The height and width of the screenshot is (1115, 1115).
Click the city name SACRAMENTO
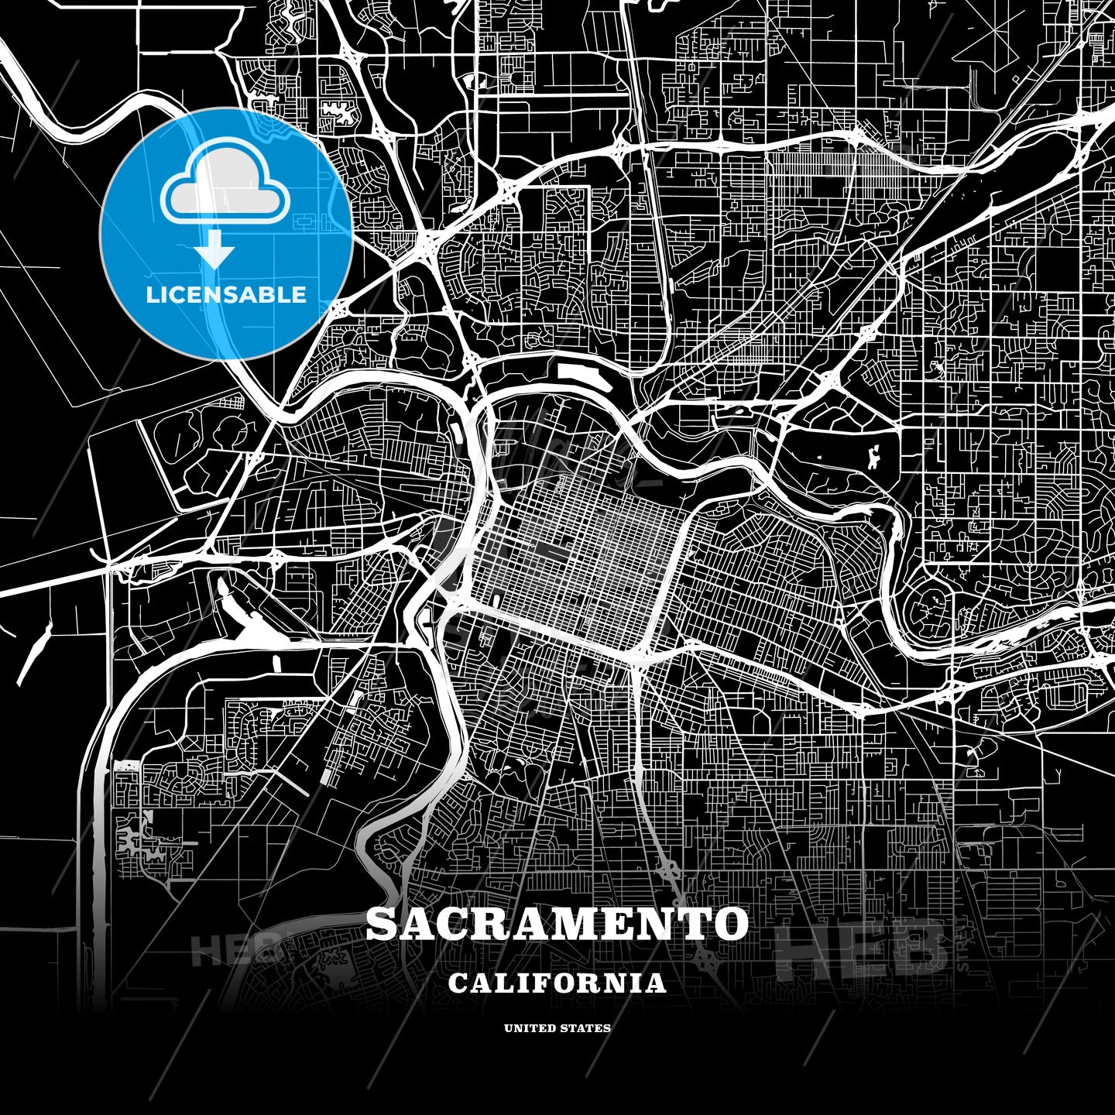[x=557, y=924]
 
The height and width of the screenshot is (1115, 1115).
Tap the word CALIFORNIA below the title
[x=557, y=983]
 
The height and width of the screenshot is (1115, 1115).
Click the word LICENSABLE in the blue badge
[x=226, y=295]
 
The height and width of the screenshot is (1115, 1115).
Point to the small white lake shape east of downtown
[x=874, y=458]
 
